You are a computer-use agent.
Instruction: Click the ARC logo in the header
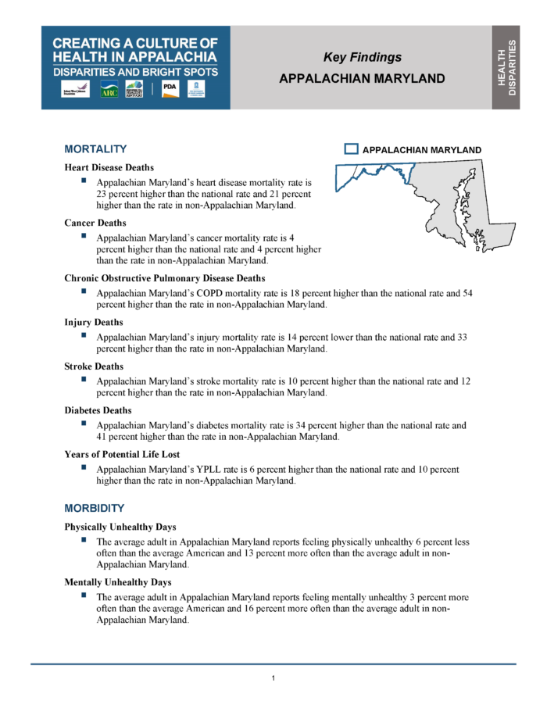pyautogui.click(x=109, y=90)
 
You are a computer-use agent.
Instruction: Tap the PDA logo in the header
pyautogui.click(x=169, y=89)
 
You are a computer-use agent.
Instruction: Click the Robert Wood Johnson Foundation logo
pyautogui.click(x=75, y=90)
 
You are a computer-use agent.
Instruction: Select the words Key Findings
pyautogui.click(x=362, y=57)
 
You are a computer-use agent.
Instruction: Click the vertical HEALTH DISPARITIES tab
pyautogui.click(x=506, y=67)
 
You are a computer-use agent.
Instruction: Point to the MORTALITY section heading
pyautogui.click(x=95, y=149)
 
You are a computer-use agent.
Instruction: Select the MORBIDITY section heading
pyautogui.click(x=95, y=508)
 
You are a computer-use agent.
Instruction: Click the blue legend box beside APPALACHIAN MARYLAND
pyautogui.click(x=352, y=149)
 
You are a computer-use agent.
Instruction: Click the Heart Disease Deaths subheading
pyautogui.click(x=109, y=167)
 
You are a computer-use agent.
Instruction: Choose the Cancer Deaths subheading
pyautogui.click(x=95, y=223)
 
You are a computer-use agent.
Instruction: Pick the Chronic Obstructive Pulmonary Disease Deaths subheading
pyautogui.click(x=165, y=278)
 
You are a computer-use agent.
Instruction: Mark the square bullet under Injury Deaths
pyautogui.click(x=83, y=335)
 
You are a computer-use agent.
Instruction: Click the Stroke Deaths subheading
pyautogui.click(x=93, y=367)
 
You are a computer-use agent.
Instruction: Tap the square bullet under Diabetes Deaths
pyautogui.click(x=83, y=424)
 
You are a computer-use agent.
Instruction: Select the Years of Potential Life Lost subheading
pyautogui.click(x=122, y=454)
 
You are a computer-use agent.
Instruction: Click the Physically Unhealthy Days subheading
pyautogui.click(x=120, y=527)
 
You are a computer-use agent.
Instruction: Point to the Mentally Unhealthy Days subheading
pyautogui.click(x=118, y=582)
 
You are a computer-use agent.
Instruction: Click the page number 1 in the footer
pyautogui.click(x=273, y=678)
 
